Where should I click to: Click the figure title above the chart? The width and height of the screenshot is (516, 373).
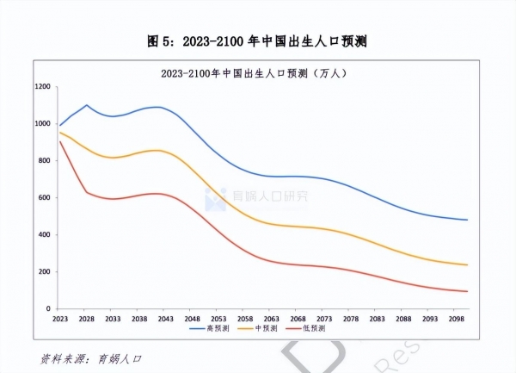[x=258, y=40]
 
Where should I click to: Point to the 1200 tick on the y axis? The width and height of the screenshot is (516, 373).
[x=41, y=87]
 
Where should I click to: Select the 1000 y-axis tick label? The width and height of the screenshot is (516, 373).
[x=41, y=124]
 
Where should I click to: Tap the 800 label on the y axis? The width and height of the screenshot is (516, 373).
[x=43, y=161]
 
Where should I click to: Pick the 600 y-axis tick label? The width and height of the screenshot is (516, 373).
[x=43, y=198]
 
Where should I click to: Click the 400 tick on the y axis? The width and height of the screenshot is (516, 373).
[x=43, y=235]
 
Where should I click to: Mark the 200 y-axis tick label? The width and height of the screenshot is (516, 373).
[x=43, y=272]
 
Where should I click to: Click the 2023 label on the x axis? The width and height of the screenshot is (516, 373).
[x=59, y=318]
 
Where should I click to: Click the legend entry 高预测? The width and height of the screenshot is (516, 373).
[x=219, y=328]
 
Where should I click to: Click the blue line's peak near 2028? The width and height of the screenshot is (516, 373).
[x=87, y=105]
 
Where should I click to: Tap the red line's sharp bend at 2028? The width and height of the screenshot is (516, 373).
[x=87, y=192]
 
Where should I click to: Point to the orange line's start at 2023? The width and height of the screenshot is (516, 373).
[x=59, y=132]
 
